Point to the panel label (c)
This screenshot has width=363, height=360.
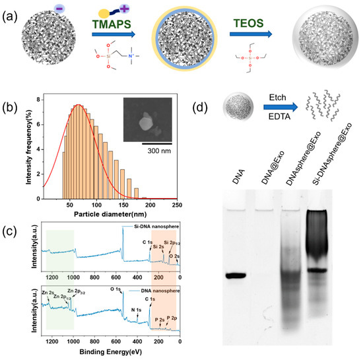point(10,228)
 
